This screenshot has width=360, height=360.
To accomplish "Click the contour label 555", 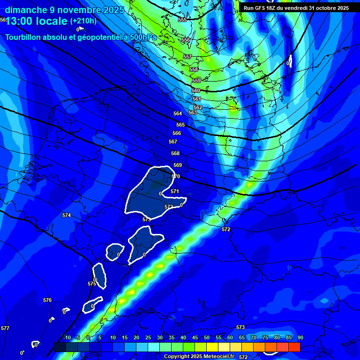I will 182,20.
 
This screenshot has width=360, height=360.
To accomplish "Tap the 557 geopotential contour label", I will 187,57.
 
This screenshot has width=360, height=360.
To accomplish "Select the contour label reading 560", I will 196,90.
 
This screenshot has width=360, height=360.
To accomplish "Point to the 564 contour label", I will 178,114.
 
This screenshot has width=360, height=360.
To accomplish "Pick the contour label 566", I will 177,134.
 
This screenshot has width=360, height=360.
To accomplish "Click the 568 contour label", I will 175,154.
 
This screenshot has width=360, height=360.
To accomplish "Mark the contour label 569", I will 178,165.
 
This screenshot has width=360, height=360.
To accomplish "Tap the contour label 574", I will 67,215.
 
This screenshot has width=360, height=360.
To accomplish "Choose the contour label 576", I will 47,300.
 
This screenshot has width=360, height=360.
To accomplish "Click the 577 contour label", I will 5,329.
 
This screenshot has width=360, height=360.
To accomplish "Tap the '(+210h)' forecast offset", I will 83,21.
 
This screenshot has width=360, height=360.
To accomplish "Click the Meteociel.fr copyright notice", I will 199,357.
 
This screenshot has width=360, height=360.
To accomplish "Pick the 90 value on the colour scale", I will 300,338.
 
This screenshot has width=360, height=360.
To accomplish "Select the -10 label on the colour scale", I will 67,338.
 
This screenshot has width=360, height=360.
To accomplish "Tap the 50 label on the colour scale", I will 207,338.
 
